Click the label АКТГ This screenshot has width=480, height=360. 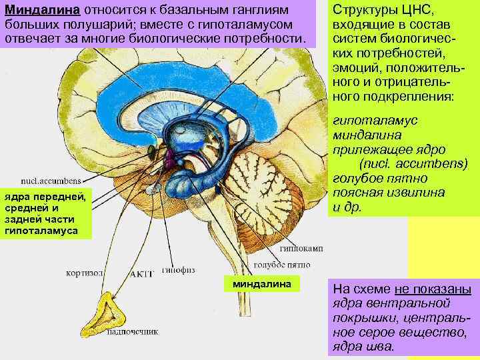tap(141, 273)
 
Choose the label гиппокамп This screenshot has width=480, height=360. tap(301, 249)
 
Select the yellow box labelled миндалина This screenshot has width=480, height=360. tap(262, 284)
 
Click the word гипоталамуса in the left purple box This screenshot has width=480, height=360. tap(40, 231)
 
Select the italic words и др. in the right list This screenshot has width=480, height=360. tap(347, 207)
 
